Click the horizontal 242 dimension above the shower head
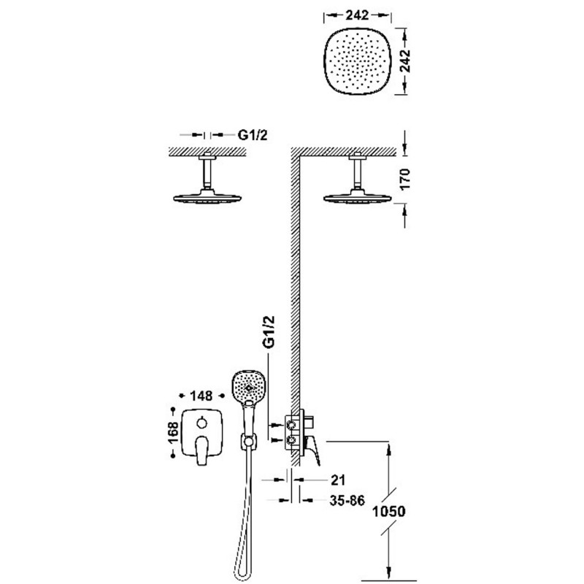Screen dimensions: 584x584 [x=357, y=15]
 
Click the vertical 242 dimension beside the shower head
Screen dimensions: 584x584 [x=404, y=61]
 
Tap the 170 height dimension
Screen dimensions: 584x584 [x=404, y=179]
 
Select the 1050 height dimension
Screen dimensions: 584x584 [x=389, y=511]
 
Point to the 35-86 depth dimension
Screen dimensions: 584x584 [x=347, y=501]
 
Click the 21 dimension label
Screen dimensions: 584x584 [x=338, y=480]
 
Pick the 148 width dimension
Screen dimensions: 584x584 [x=201, y=396]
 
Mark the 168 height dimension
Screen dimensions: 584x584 [x=173, y=432]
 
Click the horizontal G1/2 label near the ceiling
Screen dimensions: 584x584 [x=253, y=135]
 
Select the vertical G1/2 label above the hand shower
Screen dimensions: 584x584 [x=269, y=332]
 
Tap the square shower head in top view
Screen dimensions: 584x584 [x=358, y=61]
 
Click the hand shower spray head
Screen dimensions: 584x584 [x=248, y=386]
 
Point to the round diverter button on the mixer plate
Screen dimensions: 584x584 [x=201, y=423]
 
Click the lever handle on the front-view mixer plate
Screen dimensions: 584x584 [x=201, y=450]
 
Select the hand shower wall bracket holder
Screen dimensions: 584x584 [x=247, y=441]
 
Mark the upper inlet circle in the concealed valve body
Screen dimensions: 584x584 [x=291, y=424]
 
